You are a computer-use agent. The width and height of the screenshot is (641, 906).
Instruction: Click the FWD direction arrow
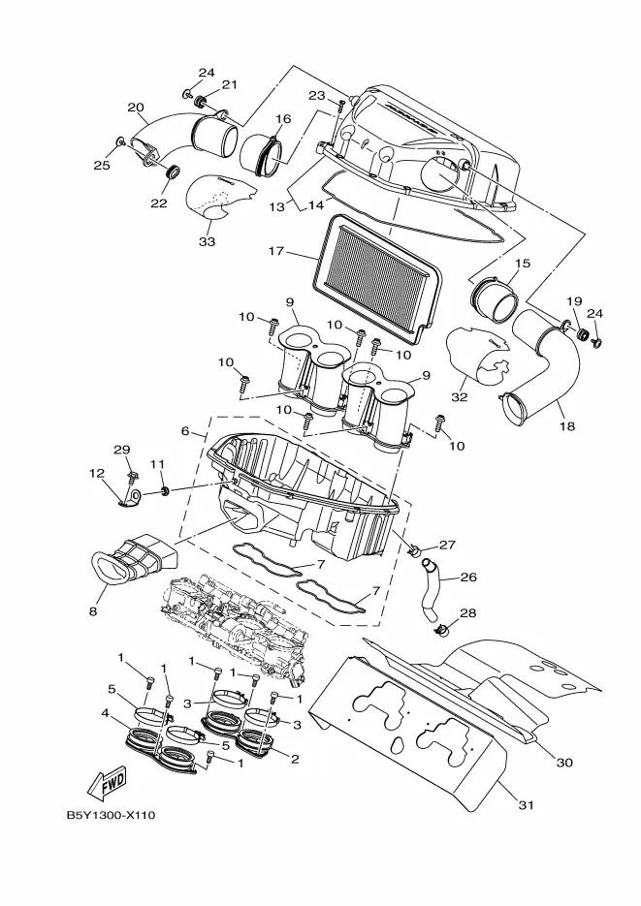click(107, 782)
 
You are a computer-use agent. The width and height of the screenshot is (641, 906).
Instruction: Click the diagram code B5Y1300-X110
click(111, 815)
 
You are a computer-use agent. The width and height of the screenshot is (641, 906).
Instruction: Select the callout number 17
click(276, 251)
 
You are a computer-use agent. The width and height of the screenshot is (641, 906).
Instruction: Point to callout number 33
click(207, 241)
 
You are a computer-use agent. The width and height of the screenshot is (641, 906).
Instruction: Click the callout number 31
click(526, 804)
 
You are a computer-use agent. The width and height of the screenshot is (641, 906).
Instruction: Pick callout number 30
click(564, 763)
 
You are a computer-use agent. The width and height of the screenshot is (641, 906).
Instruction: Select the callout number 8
click(93, 611)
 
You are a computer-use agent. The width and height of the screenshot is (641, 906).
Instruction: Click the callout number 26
click(468, 578)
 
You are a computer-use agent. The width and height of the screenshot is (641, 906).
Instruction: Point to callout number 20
click(136, 108)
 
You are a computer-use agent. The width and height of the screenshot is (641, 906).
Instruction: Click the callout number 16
click(283, 119)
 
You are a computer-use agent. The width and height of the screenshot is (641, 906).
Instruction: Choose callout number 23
click(317, 95)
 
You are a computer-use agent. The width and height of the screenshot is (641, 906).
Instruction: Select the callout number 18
click(567, 426)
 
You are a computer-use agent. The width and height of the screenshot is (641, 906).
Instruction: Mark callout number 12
click(97, 474)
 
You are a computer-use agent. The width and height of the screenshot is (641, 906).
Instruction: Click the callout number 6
click(185, 431)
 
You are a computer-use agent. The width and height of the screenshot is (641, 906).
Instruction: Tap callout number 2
click(295, 759)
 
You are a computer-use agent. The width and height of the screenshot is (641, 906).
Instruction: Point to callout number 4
click(105, 713)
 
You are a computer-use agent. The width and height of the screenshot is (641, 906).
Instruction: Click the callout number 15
click(522, 264)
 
